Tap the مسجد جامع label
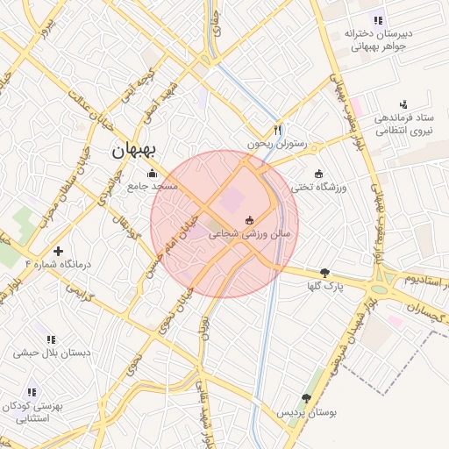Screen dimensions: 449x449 [152, 186]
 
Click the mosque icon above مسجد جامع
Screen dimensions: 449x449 [153, 173]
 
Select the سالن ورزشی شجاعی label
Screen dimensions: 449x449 [248, 235]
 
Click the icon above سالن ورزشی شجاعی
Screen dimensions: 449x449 [249, 219]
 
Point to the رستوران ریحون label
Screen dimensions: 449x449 [278, 142]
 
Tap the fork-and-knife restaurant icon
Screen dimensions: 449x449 [279, 127]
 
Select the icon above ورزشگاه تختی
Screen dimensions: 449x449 [318, 173]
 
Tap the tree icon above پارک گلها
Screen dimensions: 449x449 [325, 273]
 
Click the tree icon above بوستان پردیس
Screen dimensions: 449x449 [307, 397]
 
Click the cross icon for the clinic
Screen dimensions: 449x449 [59, 251]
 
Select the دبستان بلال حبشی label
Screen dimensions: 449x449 [49, 353]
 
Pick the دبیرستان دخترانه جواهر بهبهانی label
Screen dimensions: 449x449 [378, 39]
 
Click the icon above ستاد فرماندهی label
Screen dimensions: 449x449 [403, 104]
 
